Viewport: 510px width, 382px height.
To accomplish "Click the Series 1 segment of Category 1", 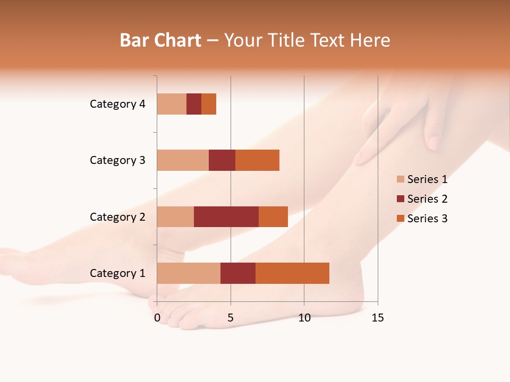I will pyautogui.click(x=189, y=273).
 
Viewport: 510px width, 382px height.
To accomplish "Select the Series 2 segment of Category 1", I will pyautogui.click(x=238, y=273).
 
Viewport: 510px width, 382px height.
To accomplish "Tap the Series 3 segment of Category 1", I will pyautogui.click(x=292, y=273).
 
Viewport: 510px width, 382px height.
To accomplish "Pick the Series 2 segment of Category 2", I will pyautogui.click(x=226, y=216).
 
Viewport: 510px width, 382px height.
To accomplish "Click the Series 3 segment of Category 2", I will pyautogui.click(x=273, y=216).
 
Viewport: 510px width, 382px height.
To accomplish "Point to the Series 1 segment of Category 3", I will pyautogui.click(x=183, y=160).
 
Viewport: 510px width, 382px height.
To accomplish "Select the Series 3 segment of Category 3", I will pyautogui.click(x=257, y=160).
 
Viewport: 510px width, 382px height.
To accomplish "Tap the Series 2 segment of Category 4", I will pyautogui.click(x=194, y=104).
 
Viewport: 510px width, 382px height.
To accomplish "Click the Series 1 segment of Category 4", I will pyautogui.click(x=172, y=104).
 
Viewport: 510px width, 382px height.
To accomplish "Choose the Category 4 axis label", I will pyautogui.click(x=117, y=104).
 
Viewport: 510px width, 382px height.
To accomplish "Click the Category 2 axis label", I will pyautogui.click(x=117, y=216).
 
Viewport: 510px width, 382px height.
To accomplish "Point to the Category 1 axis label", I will pyautogui.click(x=117, y=273).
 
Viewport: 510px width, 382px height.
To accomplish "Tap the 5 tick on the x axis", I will pyautogui.click(x=231, y=318).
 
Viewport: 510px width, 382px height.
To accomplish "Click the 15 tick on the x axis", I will pyautogui.click(x=377, y=318).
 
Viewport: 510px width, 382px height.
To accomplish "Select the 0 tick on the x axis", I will pyautogui.click(x=157, y=318).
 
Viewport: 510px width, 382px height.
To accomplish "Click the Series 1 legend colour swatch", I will pyautogui.click(x=401, y=179).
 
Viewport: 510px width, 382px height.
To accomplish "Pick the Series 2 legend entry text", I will pyautogui.click(x=427, y=199).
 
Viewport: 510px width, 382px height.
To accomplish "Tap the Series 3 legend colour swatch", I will pyautogui.click(x=401, y=219).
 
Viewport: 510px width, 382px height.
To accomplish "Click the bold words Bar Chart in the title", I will pyautogui.click(x=160, y=40).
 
